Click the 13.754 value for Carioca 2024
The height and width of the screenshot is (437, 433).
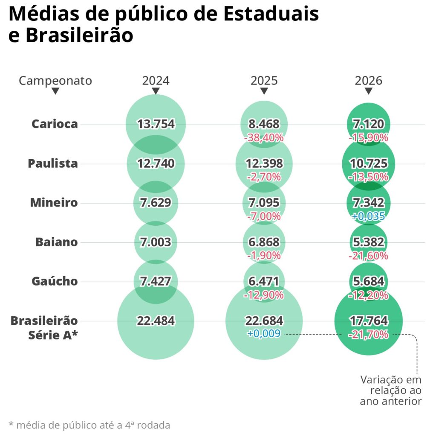pos(156,124)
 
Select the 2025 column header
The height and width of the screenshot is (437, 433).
pos(264,81)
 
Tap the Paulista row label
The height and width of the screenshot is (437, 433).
pos(53,163)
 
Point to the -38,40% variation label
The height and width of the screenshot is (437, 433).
pos(264,138)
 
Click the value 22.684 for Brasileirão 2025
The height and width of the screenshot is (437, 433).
pos(264,320)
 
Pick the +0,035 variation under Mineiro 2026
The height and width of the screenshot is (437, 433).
pos(368,216)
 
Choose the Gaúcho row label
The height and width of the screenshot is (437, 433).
pos(55,281)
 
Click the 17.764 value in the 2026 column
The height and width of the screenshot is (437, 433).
pos(368,320)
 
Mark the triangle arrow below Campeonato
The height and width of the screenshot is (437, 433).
pos(55,91)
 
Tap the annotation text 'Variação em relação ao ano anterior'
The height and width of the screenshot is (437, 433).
pos(391,390)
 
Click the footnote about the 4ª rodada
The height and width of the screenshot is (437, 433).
pos(89,425)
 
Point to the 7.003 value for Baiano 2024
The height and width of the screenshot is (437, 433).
pos(156,242)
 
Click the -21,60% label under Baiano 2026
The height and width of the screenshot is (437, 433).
pos(368,256)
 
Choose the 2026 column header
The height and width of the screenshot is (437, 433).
pos(369,81)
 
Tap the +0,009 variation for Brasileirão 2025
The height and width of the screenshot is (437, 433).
pos(264,334)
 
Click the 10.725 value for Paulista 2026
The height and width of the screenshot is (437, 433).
pos(368,163)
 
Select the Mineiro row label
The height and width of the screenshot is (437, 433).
pos(54,203)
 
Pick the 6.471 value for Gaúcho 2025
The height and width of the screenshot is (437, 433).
pos(264,281)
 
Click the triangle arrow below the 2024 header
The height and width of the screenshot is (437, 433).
pos(156,91)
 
